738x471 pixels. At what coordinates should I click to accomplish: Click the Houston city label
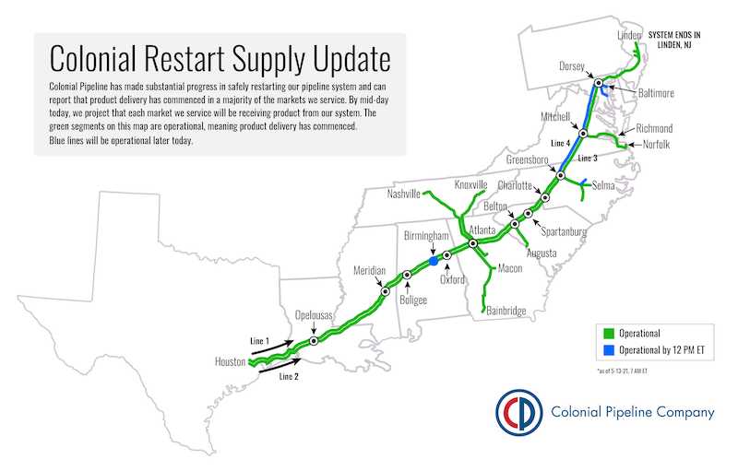[x=230, y=361]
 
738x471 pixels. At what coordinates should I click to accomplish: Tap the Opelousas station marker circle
[x=314, y=341]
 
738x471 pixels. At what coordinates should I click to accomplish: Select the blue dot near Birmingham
[x=434, y=261]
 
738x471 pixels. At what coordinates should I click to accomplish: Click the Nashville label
[x=403, y=194]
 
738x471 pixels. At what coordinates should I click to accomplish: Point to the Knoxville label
[x=470, y=184]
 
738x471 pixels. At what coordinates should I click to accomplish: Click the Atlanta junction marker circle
[x=473, y=243]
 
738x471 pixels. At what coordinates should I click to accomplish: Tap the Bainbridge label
[x=506, y=311]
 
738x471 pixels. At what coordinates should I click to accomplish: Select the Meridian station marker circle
[x=386, y=291]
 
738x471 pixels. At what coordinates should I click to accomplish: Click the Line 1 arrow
[x=272, y=347]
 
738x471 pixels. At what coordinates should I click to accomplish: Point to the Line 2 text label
[x=289, y=376]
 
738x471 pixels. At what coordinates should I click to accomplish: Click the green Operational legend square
[x=609, y=334]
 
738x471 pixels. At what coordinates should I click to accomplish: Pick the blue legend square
[x=609, y=350]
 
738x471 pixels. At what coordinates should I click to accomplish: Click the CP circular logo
[x=518, y=412]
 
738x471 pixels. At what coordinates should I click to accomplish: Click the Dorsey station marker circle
[x=598, y=83]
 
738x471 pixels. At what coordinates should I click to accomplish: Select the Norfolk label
[x=656, y=145]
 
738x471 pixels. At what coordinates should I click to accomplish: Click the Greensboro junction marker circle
[x=561, y=175]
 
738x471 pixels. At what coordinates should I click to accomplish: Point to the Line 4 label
[x=561, y=143]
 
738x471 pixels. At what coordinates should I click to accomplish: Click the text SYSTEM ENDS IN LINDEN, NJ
[x=674, y=40]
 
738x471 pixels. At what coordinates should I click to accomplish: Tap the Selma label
[x=603, y=185]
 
